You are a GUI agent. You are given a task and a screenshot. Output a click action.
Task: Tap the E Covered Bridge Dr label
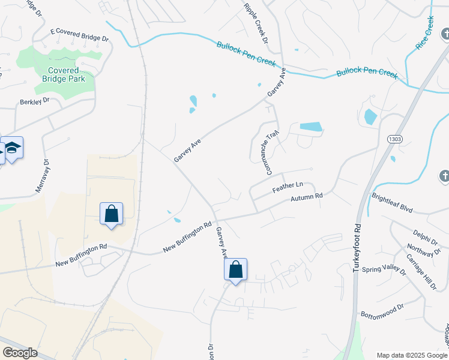pyautogui.click(x=79, y=34)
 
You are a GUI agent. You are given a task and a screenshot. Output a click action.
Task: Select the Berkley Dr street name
pyautogui.click(x=33, y=101)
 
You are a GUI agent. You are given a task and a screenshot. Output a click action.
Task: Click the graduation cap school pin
pyautogui.click(x=11, y=148)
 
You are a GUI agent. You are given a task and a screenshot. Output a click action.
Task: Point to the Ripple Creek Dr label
pyautogui.click(x=256, y=23)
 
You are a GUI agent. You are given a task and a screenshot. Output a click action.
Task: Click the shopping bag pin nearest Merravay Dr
pyautogui.click(x=111, y=213)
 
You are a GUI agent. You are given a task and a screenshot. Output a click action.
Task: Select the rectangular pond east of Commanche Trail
pyautogui.click(x=310, y=127)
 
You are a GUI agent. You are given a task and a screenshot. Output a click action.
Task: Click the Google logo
pyautogui.click(x=20, y=353)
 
